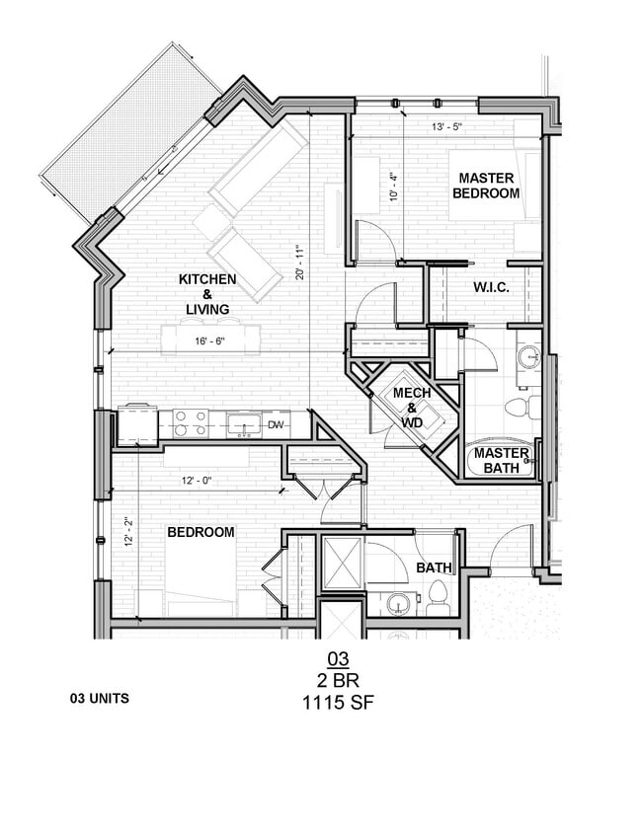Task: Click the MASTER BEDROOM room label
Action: pos(485,186)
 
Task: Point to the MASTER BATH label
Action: pos(502,461)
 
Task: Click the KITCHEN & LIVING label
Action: pos(206,294)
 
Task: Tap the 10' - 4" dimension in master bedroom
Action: pos(393,188)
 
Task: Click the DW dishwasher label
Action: pos(275,425)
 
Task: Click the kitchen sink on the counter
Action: pos(242,424)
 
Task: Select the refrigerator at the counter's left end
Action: pos(137,426)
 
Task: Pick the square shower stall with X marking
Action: pos(342,566)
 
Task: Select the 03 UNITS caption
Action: pos(99,698)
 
